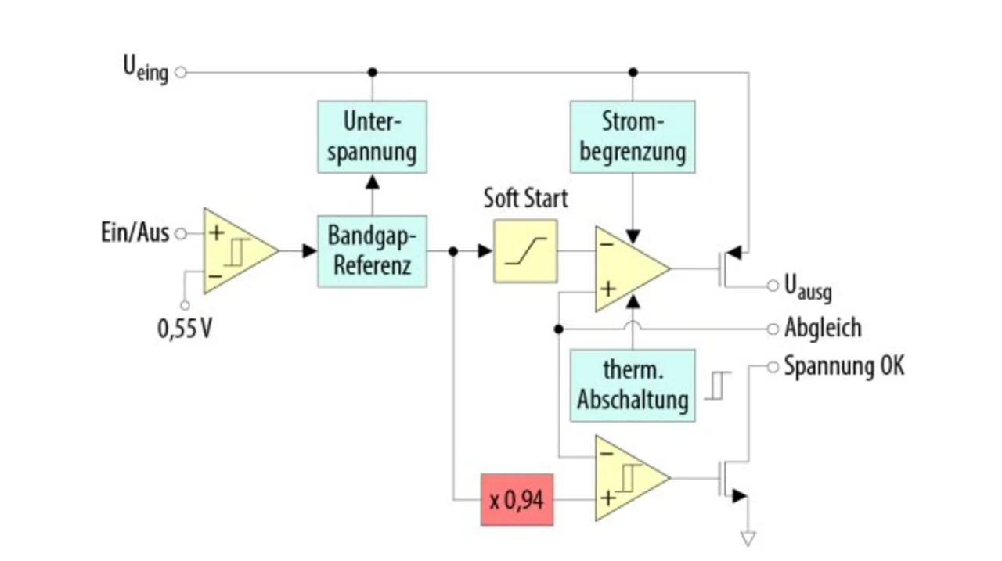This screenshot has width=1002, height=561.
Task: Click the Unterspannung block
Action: click(x=372, y=137)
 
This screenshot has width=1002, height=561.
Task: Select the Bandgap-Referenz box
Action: click(x=372, y=251)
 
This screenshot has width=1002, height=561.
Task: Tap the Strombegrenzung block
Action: click(x=633, y=137)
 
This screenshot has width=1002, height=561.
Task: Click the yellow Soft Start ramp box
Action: click(x=525, y=251)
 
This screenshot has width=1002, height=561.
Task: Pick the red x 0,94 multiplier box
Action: click(x=517, y=500)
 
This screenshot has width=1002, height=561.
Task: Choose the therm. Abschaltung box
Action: click(x=633, y=385)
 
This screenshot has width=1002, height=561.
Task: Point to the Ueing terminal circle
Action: click(x=181, y=72)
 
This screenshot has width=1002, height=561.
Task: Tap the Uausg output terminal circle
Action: click(x=773, y=285)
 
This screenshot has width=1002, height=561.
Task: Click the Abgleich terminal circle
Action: click(x=773, y=329)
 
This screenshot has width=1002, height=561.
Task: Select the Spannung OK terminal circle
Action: click(x=773, y=367)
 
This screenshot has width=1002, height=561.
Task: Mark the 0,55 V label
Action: click(x=184, y=329)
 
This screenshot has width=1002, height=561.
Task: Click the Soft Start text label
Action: click(x=525, y=198)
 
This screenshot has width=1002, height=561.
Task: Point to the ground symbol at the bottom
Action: click(x=748, y=538)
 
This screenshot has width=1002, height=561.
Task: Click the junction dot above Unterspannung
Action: click(x=372, y=72)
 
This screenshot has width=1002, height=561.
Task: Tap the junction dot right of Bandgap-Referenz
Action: click(x=453, y=251)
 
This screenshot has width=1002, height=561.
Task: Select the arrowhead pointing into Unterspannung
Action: click(x=372, y=182)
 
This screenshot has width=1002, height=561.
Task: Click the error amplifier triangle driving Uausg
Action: click(x=633, y=268)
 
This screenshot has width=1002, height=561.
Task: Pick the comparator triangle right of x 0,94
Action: click(x=633, y=478)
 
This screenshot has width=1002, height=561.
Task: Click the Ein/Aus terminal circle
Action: click(x=181, y=233)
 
